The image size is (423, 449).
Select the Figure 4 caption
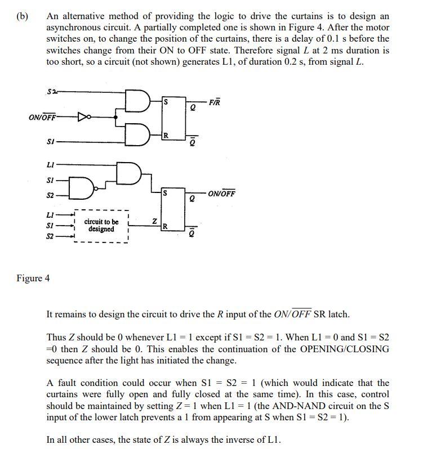pos(33,278)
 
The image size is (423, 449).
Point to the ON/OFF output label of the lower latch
pos(221,194)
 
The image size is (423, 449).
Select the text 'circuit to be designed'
pos(101,226)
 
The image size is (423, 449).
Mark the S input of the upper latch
pos(165,102)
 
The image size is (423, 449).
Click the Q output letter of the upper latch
pos(193,109)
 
